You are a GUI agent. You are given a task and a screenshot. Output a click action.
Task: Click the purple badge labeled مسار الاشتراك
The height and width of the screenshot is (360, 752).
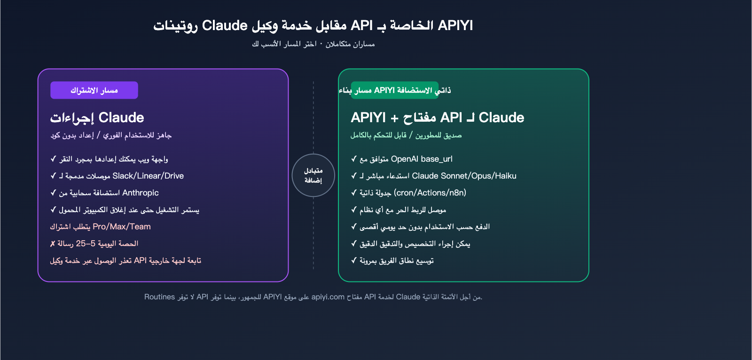(94, 90)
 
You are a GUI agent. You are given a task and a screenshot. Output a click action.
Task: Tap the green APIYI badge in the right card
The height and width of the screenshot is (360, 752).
(394, 90)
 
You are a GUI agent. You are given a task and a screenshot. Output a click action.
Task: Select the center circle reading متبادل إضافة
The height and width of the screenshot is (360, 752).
(313, 175)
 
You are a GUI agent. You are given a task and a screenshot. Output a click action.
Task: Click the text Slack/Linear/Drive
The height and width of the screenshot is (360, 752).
(148, 176)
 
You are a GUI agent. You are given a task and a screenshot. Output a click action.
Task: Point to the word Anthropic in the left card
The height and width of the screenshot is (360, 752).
(141, 193)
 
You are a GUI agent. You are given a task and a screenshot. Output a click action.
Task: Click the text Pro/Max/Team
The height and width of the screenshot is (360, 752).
(122, 227)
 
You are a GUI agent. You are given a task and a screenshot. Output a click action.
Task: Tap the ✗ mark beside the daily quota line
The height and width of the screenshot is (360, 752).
(53, 243)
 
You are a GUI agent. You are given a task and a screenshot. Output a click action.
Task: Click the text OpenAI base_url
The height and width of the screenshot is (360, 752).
(422, 159)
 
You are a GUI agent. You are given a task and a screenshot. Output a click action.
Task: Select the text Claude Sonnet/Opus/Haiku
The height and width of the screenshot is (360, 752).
(464, 176)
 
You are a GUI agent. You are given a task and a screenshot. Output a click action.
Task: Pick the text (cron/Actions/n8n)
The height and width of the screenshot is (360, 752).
(430, 193)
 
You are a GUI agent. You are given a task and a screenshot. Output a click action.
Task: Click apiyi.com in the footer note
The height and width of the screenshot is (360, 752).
(328, 297)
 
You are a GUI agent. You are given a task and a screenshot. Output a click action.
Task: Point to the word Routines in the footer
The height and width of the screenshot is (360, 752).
(159, 297)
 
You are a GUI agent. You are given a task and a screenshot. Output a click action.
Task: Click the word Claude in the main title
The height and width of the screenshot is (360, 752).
(225, 25)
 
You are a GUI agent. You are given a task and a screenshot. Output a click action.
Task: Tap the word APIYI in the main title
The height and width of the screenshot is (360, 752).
(455, 25)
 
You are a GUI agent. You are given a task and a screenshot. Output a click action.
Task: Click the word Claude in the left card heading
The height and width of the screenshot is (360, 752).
(121, 117)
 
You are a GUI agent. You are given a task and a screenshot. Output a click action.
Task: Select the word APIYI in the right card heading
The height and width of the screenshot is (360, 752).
(368, 117)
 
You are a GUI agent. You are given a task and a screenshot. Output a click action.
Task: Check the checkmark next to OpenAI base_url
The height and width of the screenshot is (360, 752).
(354, 159)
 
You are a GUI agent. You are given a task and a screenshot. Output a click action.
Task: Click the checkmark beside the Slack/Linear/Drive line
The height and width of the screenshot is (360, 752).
(53, 176)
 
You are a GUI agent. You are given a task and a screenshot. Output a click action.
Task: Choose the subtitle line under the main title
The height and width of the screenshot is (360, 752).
(313, 44)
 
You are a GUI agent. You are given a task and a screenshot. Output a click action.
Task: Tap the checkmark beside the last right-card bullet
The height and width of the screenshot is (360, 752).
(354, 260)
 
